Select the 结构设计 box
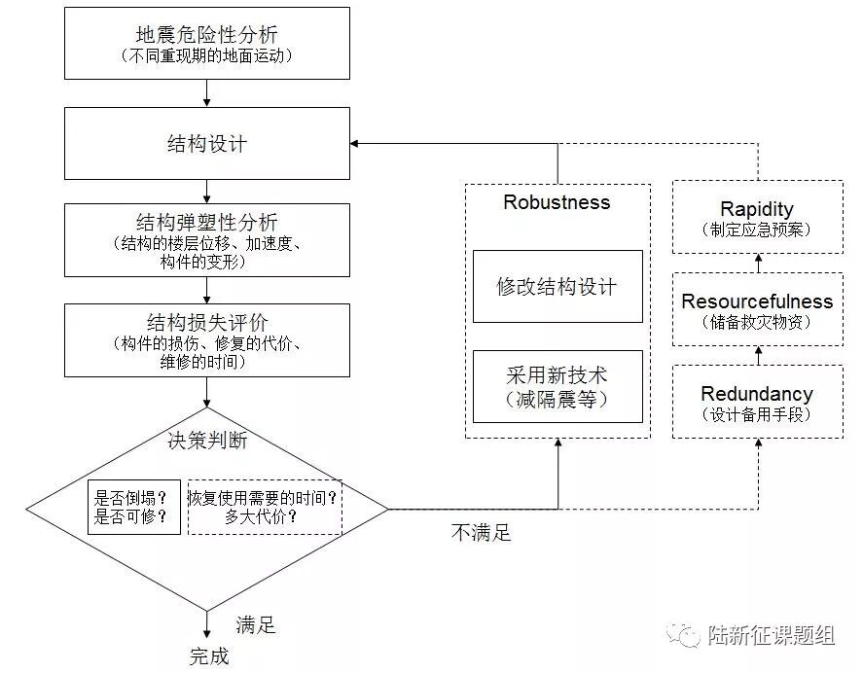pos(206,144)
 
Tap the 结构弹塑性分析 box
pos(206,239)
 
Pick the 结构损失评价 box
pos(206,339)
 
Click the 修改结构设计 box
pos(557,286)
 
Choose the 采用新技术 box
pos(557,386)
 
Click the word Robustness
pos(557,202)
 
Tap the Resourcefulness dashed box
pos(757,310)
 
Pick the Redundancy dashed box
pos(757,403)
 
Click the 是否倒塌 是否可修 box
pos(133,507)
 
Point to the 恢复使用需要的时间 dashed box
pos(264,507)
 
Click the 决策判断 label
pos(207,441)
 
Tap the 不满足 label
pos(481,532)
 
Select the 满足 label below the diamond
pos(256,624)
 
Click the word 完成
pos(209,655)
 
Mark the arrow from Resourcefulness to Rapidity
pos(758,262)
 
